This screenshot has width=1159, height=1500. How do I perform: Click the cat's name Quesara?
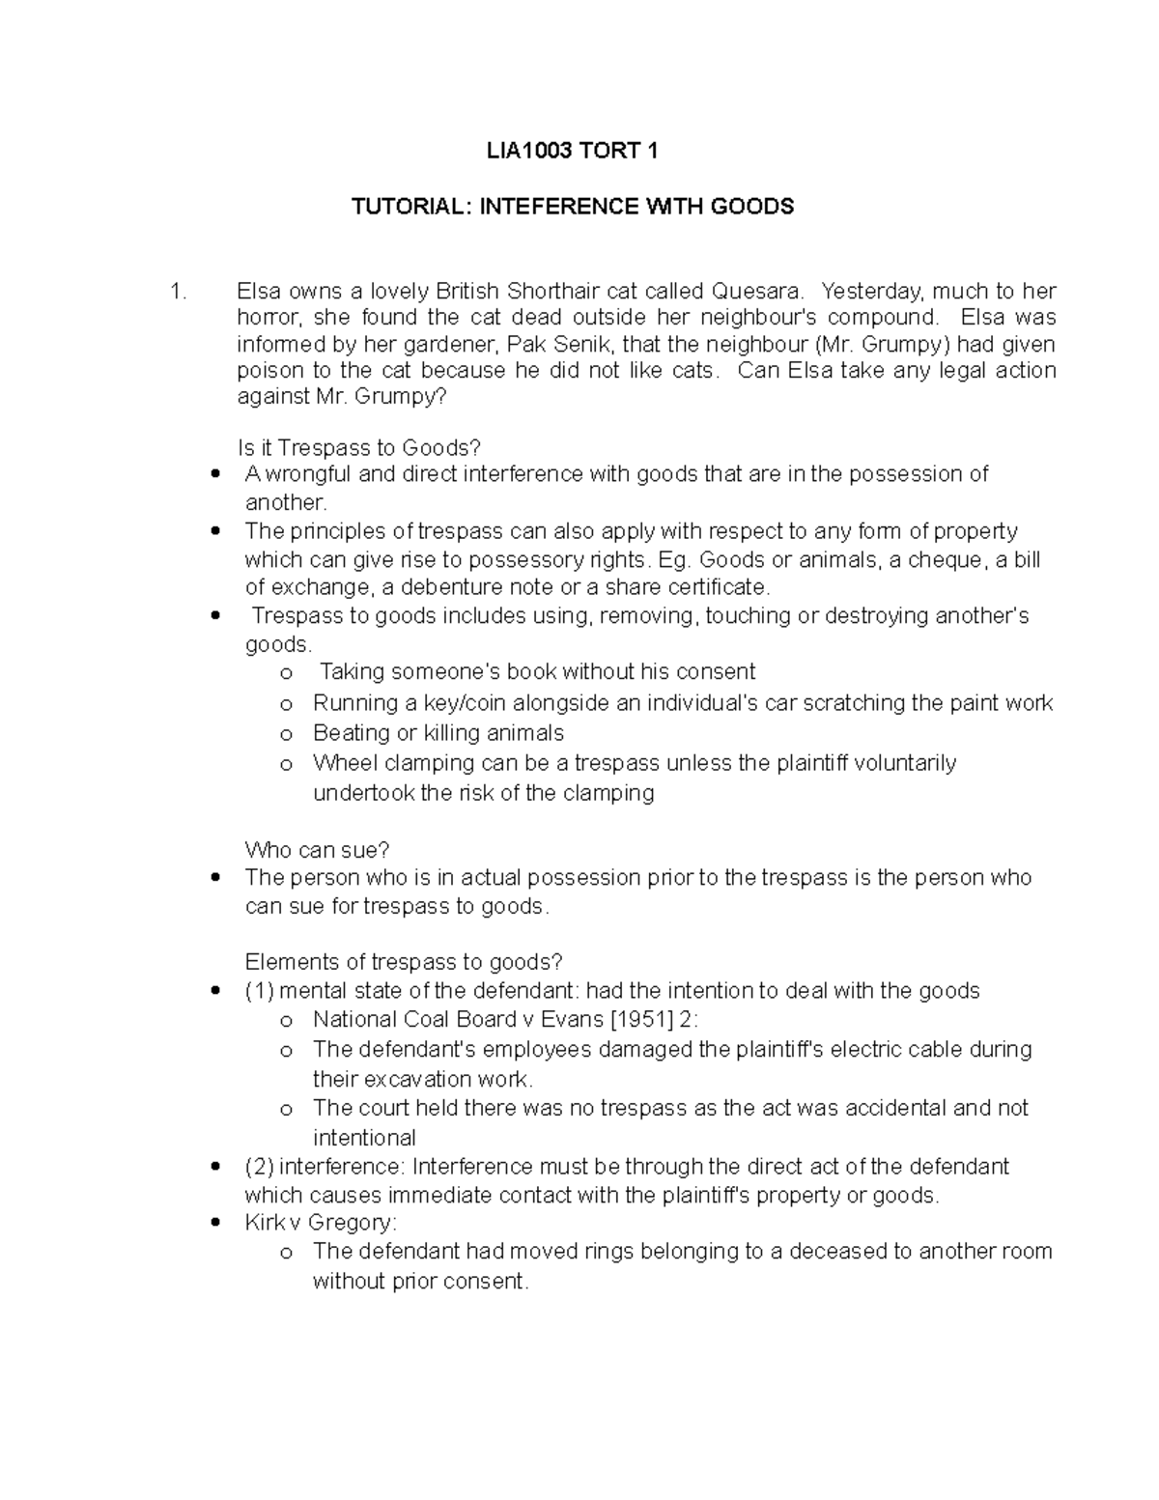point(756,292)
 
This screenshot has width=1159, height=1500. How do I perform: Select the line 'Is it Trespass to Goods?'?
point(358,448)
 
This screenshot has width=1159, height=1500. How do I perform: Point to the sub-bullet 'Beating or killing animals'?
point(438,733)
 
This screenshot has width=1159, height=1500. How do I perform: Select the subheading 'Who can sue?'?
point(317,850)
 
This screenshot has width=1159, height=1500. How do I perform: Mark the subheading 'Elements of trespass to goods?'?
point(403,962)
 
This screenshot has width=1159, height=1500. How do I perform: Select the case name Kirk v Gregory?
point(321,1223)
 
